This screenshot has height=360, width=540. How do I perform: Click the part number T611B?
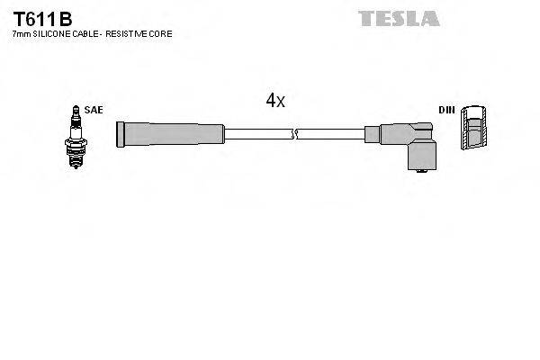tap(42, 18)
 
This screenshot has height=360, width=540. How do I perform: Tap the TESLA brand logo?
tap(398, 17)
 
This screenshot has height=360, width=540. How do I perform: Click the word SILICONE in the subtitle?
tap(52, 33)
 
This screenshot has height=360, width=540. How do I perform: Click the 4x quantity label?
tap(274, 101)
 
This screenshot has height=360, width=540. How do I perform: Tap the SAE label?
tap(94, 110)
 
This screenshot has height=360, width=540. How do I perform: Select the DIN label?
tap(446, 110)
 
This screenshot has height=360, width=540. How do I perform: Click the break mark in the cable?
tap(294, 135)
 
